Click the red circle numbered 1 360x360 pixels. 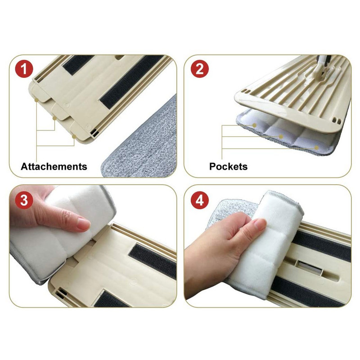point(24,69)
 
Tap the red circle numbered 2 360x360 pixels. point(200,69)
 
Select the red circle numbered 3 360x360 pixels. point(24,200)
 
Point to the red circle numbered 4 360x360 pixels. point(200,200)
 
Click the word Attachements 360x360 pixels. point(54,166)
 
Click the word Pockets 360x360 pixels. point(229,166)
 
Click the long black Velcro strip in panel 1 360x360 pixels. point(131,81)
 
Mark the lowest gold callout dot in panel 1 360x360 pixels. point(74,137)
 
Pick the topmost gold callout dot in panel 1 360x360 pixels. point(36,100)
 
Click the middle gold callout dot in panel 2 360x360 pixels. point(280,137)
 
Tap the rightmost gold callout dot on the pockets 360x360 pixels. point(316,148)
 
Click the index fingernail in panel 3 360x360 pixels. point(83,224)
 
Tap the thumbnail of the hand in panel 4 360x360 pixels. point(261,223)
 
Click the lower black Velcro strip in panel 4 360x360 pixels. point(310,292)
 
